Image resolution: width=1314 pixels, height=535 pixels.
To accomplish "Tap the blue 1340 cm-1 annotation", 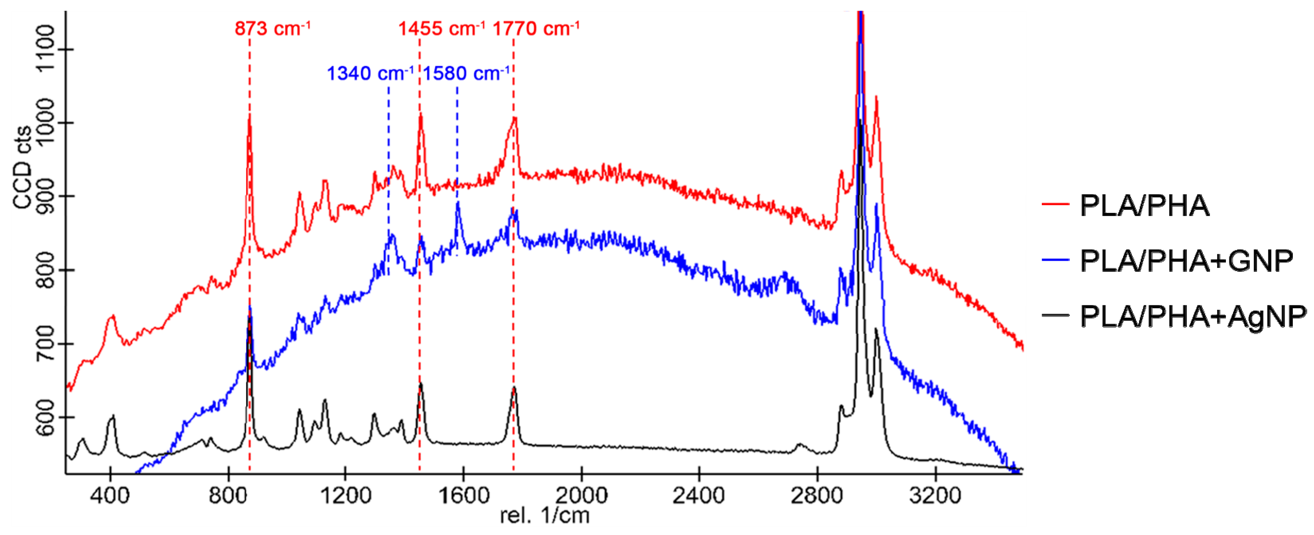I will pyautogui.click(x=370, y=73).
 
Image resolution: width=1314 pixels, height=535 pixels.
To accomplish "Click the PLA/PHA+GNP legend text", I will pyautogui.click(x=1186, y=261).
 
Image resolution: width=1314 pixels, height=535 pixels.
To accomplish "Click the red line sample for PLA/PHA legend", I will pyautogui.click(x=1055, y=204).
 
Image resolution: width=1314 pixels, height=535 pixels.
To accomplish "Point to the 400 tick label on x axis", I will pyautogui.click(x=110, y=495).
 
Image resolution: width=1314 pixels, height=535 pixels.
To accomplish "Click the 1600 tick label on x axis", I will pyautogui.click(x=464, y=495).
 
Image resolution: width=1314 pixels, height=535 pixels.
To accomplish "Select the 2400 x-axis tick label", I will pyautogui.click(x=699, y=495).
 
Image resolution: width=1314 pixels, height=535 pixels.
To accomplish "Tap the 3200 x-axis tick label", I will pyautogui.click(x=935, y=495).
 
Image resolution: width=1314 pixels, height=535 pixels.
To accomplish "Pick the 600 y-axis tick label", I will pyautogui.click(x=46, y=417).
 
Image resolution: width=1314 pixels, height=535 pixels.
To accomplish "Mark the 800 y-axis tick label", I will pyautogui.click(x=46, y=270).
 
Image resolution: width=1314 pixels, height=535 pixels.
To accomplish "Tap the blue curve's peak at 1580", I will pyautogui.click(x=458, y=204).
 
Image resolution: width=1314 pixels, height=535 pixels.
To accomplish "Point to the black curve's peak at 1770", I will pyautogui.click(x=514, y=389).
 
